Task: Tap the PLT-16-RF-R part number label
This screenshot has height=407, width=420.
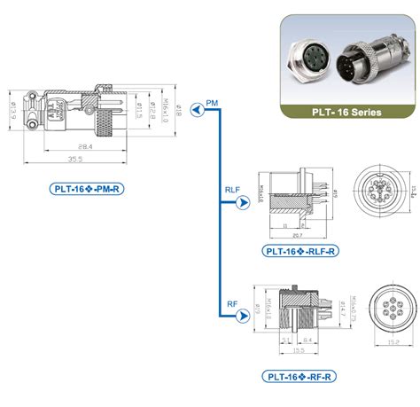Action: point(299,375)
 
